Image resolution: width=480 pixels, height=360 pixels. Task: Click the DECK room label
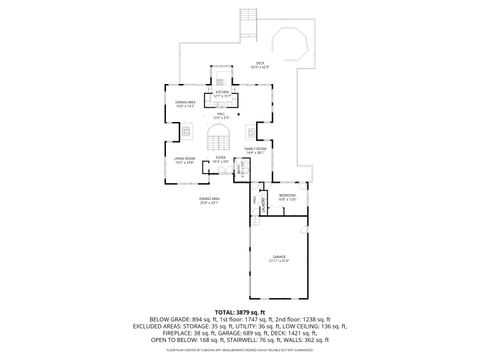coord(259,64)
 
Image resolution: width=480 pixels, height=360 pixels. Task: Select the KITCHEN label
coord(222,93)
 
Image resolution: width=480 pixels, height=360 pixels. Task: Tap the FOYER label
coord(220,158)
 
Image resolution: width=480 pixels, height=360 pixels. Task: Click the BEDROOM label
coord(286,196)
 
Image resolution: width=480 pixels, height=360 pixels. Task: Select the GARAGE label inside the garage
coord(278,258)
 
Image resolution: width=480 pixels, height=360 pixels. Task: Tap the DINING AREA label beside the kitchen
coord(184,102)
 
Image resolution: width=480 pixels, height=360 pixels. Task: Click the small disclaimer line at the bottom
coord(239,349)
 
